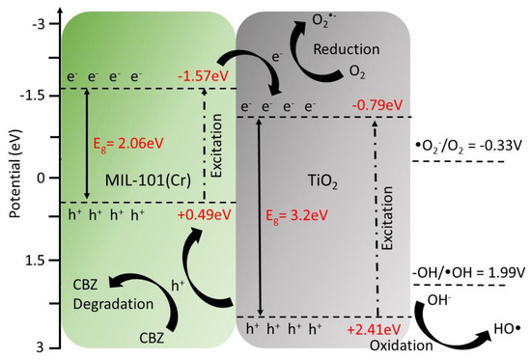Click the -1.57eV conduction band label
coord(203,76)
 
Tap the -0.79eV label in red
coord(377,105)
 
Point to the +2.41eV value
coord(375,329)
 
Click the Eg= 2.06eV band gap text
coord(128,143)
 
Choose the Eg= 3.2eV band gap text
coord(296,215)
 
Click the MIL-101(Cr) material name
coord(148,180)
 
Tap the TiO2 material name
coord(322,181)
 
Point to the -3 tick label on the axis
coord(42,25)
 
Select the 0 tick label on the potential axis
coord(41,179)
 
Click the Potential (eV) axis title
coord(15,173)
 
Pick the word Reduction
coord(347,49)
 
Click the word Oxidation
coord(402,346)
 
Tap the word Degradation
coord(114,304)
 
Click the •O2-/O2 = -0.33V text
coord(468,147)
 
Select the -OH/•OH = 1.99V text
coord(469,272)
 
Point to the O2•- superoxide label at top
coord(324,20)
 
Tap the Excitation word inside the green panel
coord(216,146)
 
